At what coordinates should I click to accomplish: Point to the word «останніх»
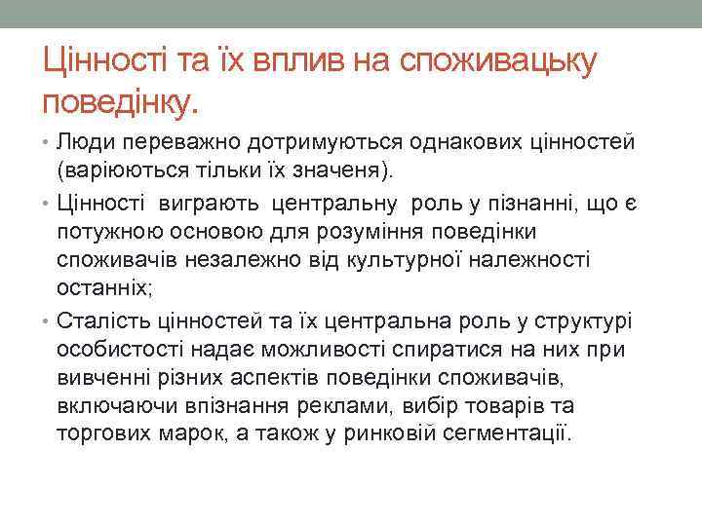tap(103, 289)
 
